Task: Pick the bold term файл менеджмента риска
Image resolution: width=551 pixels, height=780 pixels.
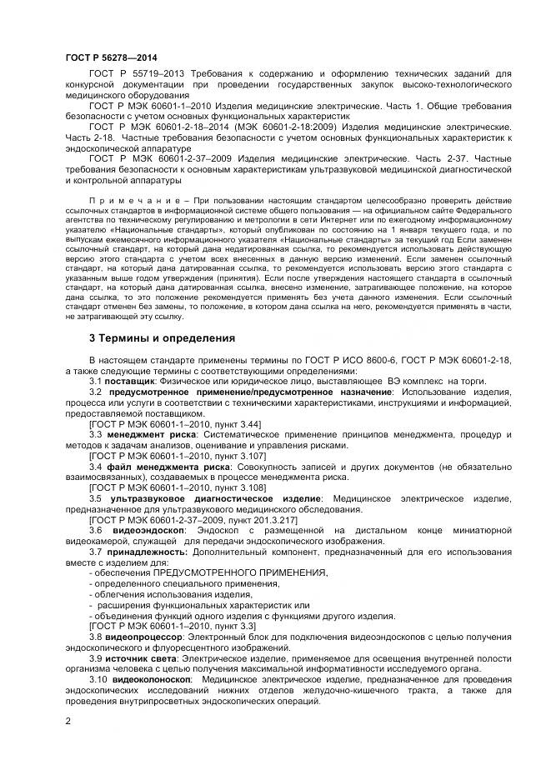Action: point(153,467)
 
